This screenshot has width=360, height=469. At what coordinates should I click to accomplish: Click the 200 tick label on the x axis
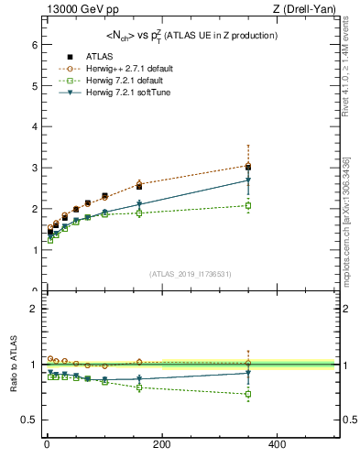(x=161, y=444)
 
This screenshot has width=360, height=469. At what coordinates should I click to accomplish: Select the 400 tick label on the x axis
(x=277, y=444)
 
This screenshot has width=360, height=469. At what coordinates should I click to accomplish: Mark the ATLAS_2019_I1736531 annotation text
(x=190, y=273)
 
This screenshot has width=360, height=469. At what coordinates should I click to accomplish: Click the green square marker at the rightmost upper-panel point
(x=248, y=205)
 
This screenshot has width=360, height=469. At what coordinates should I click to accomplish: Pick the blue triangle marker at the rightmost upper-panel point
(x=248, y=180)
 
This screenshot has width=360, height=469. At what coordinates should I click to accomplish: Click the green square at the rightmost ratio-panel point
(x=248, y=395)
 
